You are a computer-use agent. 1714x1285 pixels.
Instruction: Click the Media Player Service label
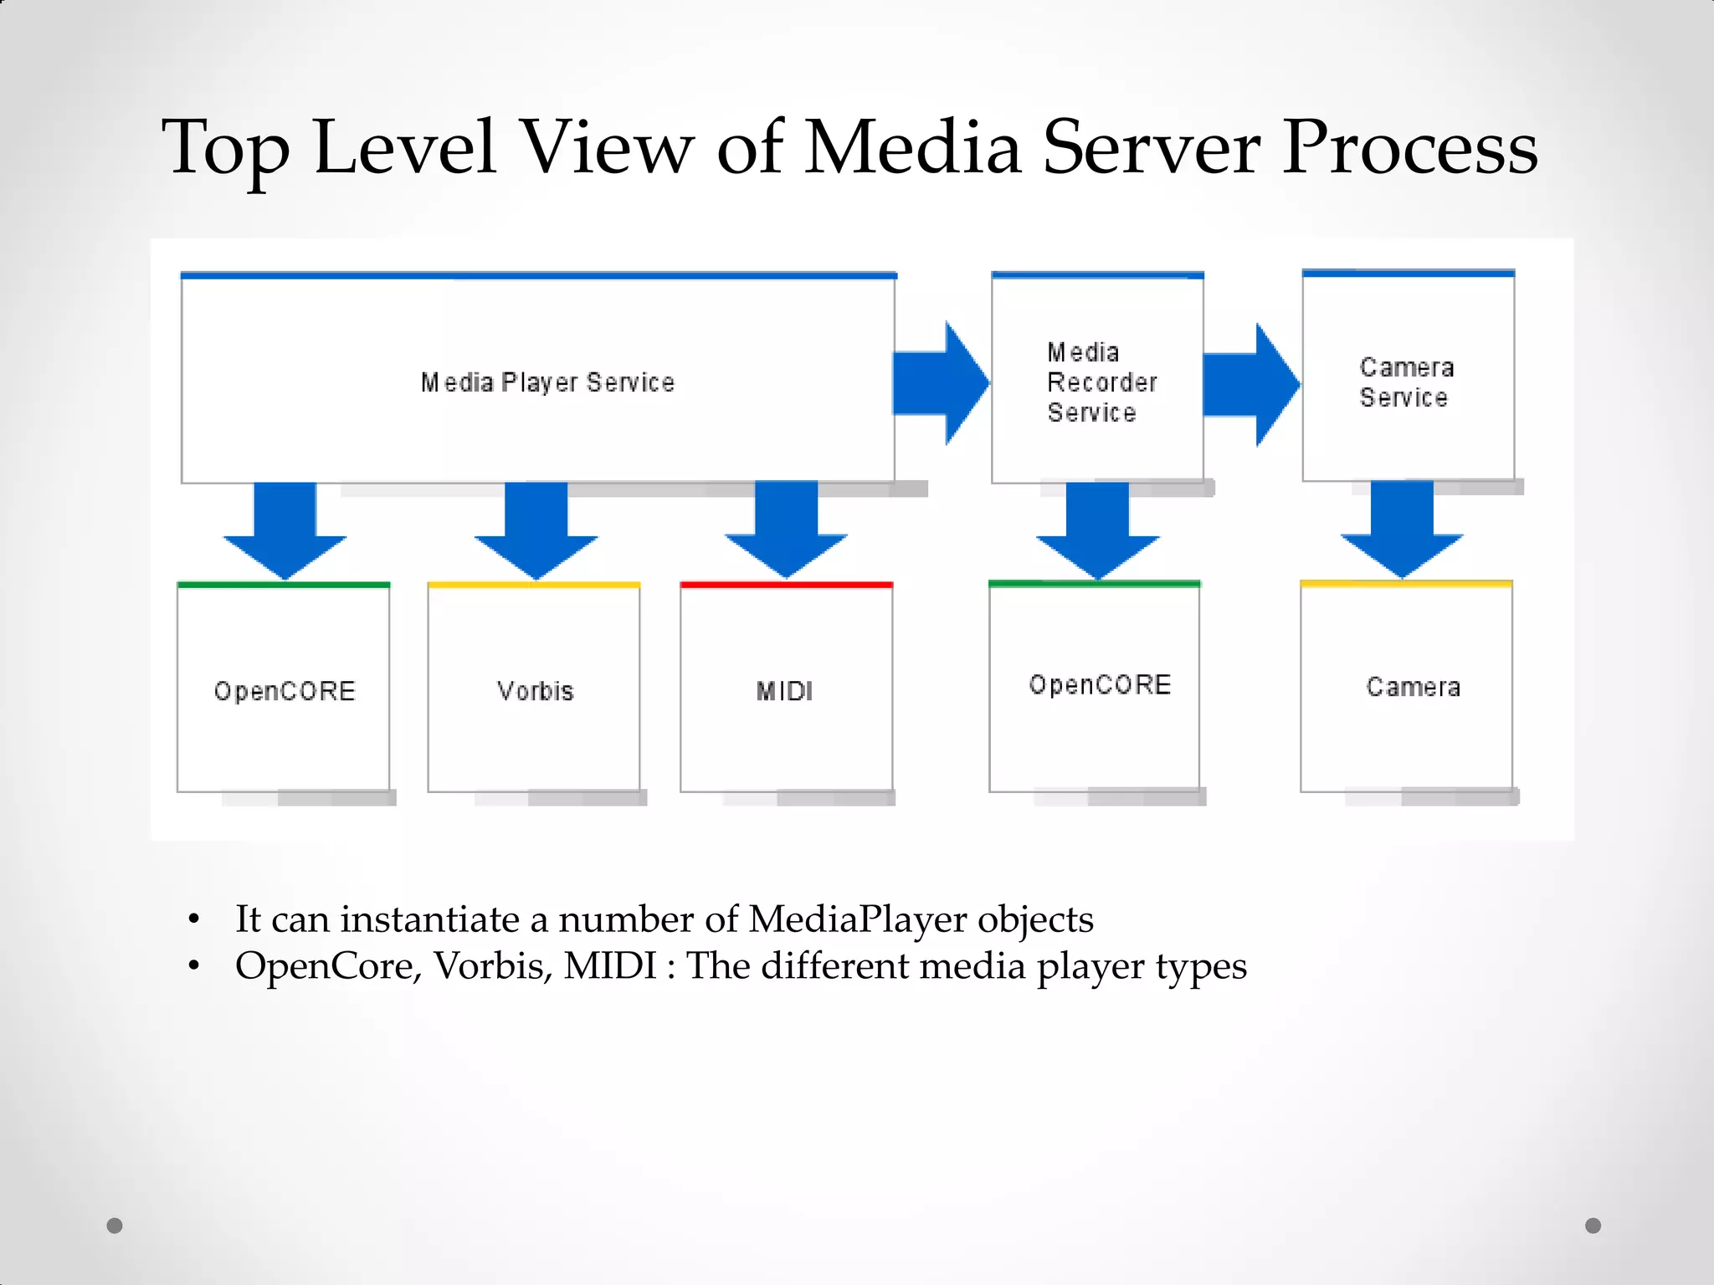[547, 382]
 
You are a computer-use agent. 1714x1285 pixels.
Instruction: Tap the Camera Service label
[1406, 382]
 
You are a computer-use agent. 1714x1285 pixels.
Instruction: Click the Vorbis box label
[535, 691]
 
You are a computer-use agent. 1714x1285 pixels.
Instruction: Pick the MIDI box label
[784, 691]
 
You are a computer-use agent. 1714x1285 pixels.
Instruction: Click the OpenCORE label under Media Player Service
[285, 691]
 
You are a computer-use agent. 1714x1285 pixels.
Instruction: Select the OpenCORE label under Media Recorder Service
[1100, 685]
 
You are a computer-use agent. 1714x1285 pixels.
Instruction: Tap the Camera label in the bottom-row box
[1413, 687]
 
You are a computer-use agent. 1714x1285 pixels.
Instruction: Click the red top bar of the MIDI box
[786, 585]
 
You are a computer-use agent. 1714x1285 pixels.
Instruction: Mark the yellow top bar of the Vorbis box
[534, 585]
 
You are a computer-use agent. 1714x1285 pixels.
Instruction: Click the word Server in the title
[1150, 147]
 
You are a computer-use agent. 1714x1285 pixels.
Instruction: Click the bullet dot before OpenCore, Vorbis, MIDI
[194, 966]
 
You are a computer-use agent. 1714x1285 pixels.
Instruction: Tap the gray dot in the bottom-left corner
[115, 1226]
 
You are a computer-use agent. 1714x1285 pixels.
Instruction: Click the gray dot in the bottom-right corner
[1593, 1226]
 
